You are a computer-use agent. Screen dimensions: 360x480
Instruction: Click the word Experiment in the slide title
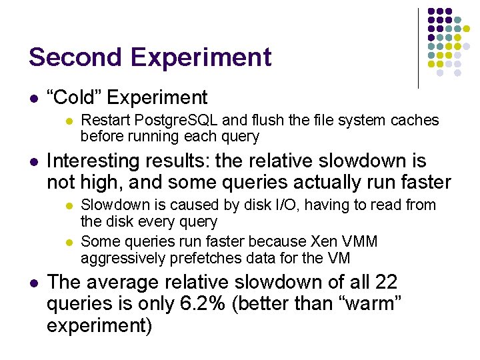point(201,57)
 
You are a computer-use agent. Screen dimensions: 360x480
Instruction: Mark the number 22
point(386,283)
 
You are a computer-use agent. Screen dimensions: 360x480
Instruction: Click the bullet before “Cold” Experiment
point(33,99)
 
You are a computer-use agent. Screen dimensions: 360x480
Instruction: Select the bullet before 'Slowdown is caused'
point(67,206)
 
